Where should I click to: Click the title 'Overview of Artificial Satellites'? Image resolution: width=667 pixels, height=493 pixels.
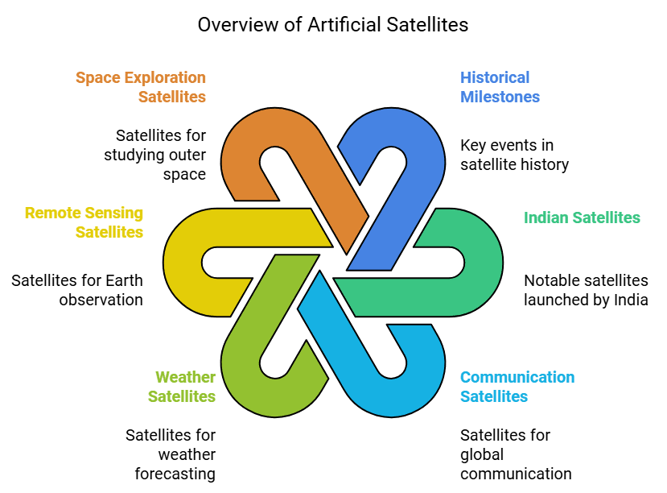(x=333, y=25)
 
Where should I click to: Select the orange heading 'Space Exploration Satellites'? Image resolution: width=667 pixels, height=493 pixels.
(x=141, y=87)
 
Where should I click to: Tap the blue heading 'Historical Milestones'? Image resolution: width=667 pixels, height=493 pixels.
(x=500, y=87)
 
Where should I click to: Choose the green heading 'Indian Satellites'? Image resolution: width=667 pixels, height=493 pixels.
(x=582, y=217)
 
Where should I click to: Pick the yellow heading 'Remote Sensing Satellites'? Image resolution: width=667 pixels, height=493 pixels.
(x=84, y=222)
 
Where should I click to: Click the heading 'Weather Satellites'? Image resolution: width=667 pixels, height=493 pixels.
(x=185, y=387)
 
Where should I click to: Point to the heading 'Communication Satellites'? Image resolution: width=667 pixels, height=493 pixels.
(x=517, y=387)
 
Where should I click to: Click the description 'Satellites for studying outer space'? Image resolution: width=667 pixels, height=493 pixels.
(x=155, y=155)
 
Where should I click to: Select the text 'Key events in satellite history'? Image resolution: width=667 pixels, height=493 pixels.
(x=514, y=155)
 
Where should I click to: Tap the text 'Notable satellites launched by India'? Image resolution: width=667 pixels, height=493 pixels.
(x=586, y=290)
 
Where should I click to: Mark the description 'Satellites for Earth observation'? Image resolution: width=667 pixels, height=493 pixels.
(x=77, y=290)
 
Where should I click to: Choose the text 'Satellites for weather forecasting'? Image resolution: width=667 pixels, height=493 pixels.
(x=171, y=454)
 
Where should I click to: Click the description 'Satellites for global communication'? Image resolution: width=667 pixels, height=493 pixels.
(x=516, y=454)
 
